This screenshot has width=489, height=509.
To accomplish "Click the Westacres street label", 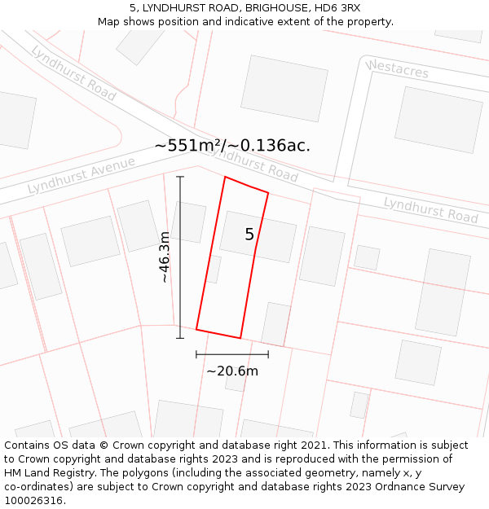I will tap(397, 69).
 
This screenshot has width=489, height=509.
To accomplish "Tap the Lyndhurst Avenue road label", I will tap(81, 175).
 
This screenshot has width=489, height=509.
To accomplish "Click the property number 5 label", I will tap(249, 235).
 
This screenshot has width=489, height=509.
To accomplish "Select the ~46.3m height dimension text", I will tap(165, 257).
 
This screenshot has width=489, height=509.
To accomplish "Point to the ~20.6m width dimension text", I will tap(232, 371).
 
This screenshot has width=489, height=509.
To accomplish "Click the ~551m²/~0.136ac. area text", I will tap(232, 146).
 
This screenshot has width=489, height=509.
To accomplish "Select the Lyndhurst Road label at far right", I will tap(430, 209).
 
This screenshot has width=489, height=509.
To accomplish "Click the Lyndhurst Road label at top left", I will tap(73, 73).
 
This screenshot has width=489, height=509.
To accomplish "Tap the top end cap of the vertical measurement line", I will tap(180, 177).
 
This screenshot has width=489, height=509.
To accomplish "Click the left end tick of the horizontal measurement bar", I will tap(196, 354).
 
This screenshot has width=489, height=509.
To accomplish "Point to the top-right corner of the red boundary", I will tap(268, 193).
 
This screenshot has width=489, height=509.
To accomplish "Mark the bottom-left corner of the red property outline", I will tap(196, 330).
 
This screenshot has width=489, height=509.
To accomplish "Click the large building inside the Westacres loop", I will tap(438, 120).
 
